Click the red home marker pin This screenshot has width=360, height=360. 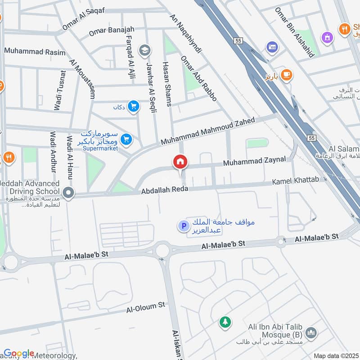tap(180, 162)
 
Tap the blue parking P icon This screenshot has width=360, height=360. tap(183, 226)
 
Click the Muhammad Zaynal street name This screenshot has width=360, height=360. tap(254, 161)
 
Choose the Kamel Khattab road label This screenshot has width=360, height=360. tap(295, 181)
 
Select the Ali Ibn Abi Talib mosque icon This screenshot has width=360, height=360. tap(310, 333)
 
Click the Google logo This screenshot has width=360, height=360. tap(19, 353)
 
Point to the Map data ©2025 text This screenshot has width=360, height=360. tap(336, 356)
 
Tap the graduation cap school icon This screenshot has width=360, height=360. tap(145, 49)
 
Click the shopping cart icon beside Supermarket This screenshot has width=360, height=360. tap(126, 140)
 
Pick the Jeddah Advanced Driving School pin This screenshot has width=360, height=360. tap(68, 193)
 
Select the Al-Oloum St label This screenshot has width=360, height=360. tap(146, 307)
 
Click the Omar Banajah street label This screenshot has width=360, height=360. tap(112, 31)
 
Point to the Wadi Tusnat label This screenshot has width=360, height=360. tap(60, 90)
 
